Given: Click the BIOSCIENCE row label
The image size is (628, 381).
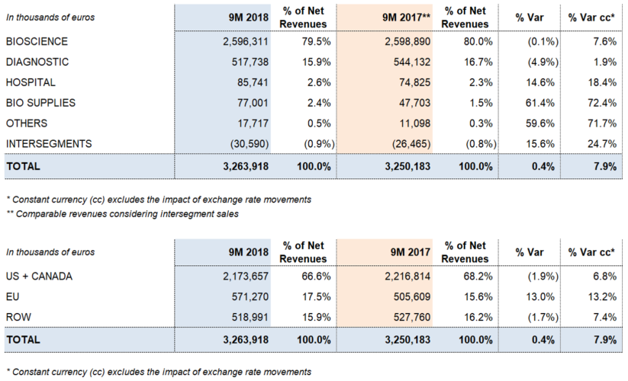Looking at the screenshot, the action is pyautogui.click(x=37, y=42).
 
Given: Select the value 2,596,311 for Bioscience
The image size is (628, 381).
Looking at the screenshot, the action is pyautogui.click(x=246, y=42).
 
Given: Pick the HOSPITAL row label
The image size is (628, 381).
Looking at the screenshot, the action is pyautogui.click(x=31, y=82).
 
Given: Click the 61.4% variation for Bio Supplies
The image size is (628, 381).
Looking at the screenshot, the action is pyautogui.click(x=540, y=103).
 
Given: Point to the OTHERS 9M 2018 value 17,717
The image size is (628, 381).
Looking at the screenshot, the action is pyautogui.click(x=253, y=123).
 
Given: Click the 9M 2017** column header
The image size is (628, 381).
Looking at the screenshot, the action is pyautogui.click(x=407, y=18).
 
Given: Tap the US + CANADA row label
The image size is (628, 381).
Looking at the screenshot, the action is pyautogui.click(x=39, y=277).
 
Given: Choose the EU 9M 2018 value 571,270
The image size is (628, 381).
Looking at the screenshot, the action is pyautogui.click(x=250, y=296).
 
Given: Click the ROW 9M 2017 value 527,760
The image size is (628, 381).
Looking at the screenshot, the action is pyautogui.click(x=411, y=317).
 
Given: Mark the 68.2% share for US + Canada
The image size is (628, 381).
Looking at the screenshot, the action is pyautogui.click(x=478, y=277).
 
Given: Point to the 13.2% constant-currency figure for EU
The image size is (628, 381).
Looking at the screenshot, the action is pyautogui.click(x=602, y=296).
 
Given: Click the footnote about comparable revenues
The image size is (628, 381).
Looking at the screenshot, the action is pyautogui.click(x=123, y=214).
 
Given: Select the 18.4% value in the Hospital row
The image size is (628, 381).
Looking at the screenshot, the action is pyautogui.click(x=602, y=82).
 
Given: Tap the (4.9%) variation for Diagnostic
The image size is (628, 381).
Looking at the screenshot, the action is pyautogui.click(x=543, y=62).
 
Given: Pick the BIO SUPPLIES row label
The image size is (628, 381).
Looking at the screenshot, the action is pyautogui.click(x=40, y=103).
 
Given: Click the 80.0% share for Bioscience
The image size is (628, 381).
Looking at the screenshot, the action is pyautogui.click(x=478, y=42).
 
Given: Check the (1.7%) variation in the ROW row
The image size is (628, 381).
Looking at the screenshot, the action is pyautogui.click(x=543, y=317).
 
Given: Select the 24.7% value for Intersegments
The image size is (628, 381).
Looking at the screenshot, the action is pyautogui.click(x=602, y=143).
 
